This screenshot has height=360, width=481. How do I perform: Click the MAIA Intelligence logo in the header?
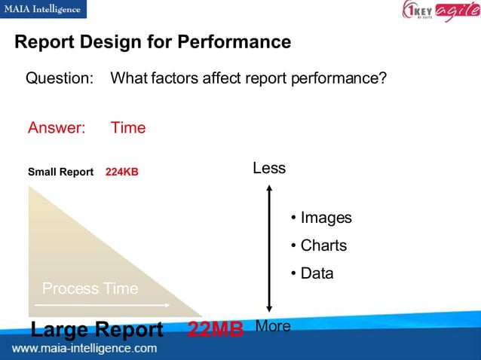(x=44, y=9)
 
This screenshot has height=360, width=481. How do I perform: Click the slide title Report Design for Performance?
(x=152, y=42)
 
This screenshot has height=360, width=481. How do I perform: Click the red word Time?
(x=128, y=128)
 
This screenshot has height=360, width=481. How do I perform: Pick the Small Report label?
(x=60, y=172)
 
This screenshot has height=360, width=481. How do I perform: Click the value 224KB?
(x=122, y=172)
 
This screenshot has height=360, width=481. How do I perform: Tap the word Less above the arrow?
(x=269, y=168)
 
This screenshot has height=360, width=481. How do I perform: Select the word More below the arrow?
(x=273, y=326)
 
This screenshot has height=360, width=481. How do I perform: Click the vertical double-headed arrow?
(x=268, y=248)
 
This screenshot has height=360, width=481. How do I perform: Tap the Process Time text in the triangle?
(x=90, y=288)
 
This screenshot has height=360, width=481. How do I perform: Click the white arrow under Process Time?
(x=106, y=305)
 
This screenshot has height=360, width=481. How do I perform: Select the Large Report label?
(x=97, y=330)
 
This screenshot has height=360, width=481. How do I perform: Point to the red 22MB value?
(x=215, y=330)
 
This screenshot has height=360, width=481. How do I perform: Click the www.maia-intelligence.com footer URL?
(x=84, y=349)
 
